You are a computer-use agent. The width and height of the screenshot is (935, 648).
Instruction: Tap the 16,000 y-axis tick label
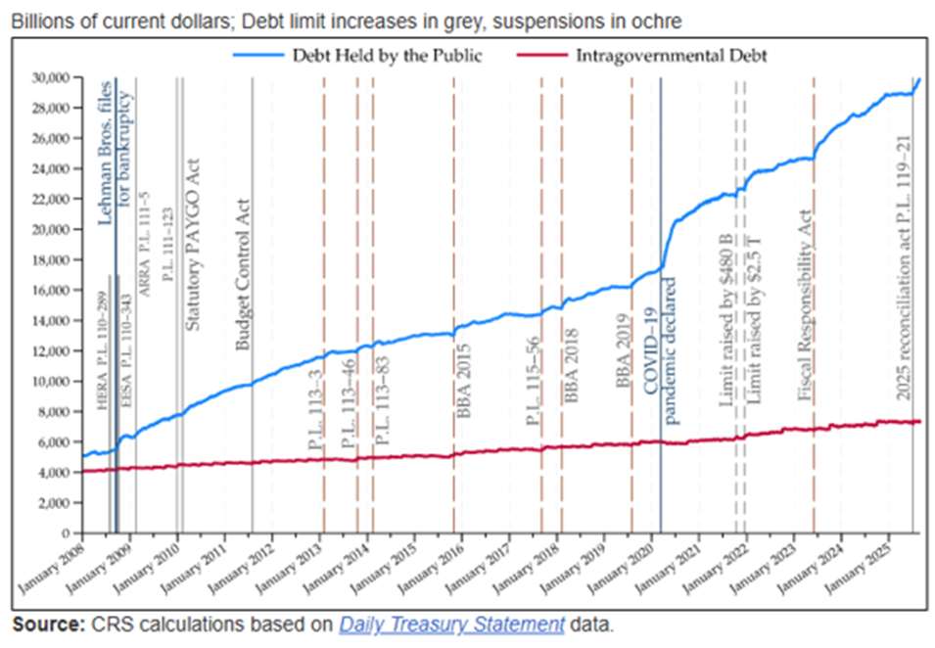[x=53, y=290]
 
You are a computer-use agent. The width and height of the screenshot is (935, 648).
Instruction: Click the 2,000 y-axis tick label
[x=57, y=502]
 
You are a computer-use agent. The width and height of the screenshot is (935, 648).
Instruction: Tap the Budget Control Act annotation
[x=245, y=275]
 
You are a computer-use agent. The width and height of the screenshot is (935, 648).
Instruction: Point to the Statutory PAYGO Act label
[x=193, y=244]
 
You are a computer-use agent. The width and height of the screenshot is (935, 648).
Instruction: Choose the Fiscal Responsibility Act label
[x=805, y=304]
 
